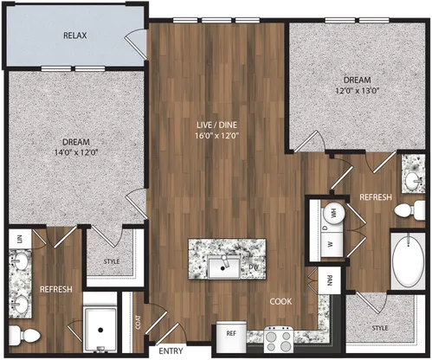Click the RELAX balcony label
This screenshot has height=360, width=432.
coord(75,35)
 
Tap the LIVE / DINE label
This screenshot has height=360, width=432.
coord(216,125)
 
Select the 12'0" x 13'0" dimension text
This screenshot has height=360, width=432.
coord(357,91)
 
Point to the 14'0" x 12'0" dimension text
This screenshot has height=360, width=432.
coord(76,152)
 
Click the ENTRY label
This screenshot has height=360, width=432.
coord(171,350)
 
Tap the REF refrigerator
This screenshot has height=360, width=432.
coord(231,337)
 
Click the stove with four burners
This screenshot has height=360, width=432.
coord(279,339)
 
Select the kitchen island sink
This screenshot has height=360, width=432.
coord(224,267)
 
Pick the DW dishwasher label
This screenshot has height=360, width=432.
coord(254,267)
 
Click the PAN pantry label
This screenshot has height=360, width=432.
coord(330,280)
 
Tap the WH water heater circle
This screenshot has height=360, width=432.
coord(334,213)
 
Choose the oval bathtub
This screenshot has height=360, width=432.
coord(408,260)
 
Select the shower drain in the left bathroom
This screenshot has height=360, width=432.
coord(100,330)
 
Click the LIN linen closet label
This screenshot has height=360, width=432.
coord(20,239)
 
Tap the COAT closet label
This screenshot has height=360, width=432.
coord(139,322)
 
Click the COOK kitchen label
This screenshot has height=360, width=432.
coord(280,301)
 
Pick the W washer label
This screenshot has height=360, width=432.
coord(331,244)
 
